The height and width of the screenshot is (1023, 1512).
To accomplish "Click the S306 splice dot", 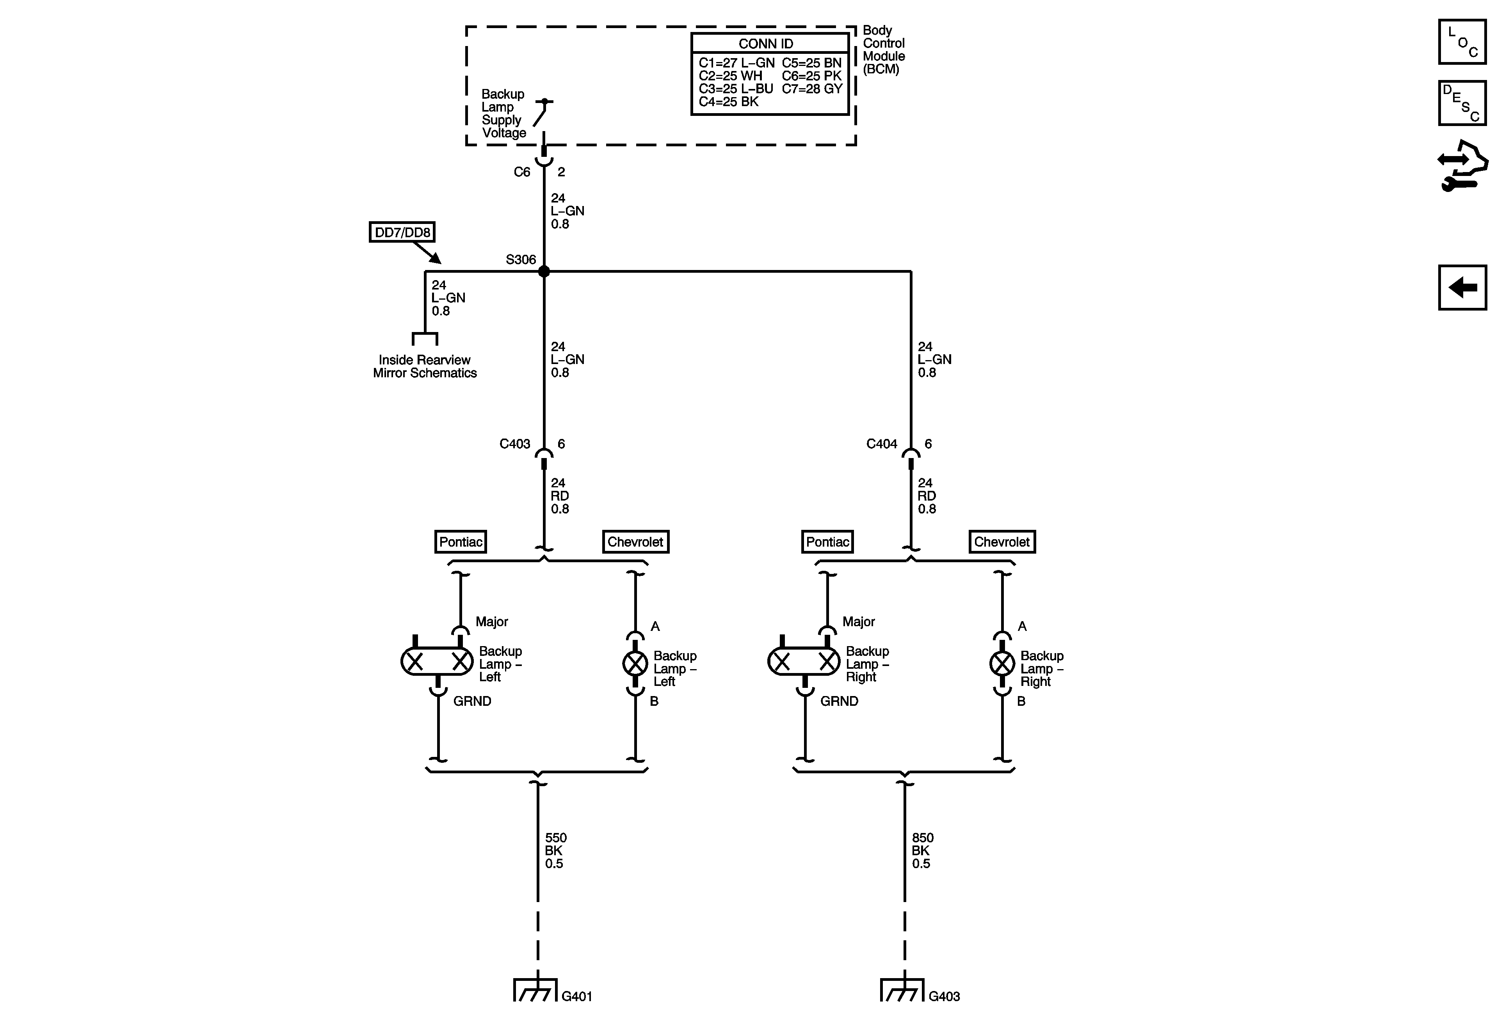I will click(544, 271).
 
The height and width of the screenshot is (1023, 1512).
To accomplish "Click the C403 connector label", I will click(515, 444).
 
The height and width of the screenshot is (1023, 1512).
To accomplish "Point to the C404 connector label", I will click(882, 444).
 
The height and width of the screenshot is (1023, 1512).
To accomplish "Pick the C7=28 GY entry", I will click(812, 89).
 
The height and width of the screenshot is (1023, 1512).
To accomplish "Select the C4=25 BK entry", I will click(729, 101).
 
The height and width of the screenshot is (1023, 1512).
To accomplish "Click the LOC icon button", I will click(1462, 42).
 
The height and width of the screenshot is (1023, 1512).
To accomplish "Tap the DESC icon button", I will click(1462, 103).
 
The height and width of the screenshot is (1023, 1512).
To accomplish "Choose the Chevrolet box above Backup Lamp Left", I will click(635, 542).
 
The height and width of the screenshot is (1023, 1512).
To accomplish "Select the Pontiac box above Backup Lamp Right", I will click(827, 542).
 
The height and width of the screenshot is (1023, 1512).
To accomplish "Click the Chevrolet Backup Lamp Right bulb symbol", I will click(1002, 663).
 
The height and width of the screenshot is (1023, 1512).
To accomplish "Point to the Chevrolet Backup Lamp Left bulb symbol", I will click(635, 663).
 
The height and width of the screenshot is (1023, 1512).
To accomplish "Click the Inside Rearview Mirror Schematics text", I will click(425, 366).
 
